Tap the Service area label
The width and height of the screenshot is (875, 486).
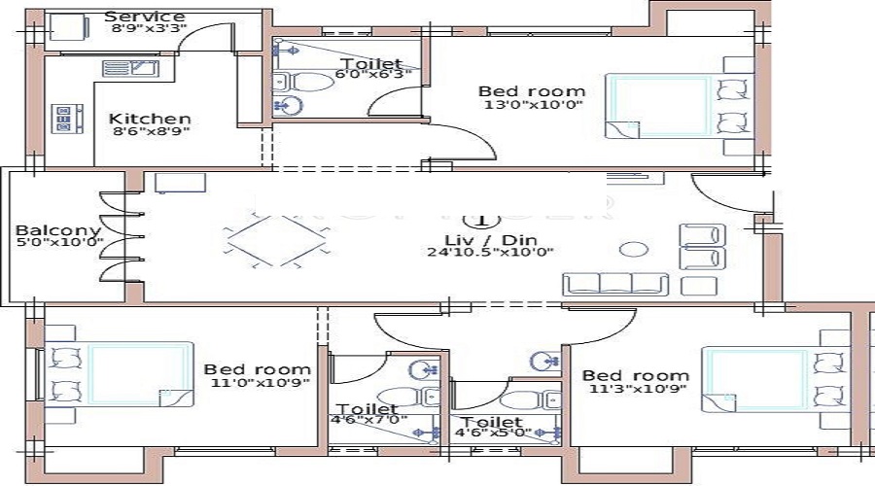[144, 17]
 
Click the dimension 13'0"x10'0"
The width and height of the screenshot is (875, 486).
[531, 105]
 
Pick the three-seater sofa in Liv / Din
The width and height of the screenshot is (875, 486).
[615, 284]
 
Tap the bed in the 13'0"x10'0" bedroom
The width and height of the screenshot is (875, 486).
[659, 105]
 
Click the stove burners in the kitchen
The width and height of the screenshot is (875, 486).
[68, 119]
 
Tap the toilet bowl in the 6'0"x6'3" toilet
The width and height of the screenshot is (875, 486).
[314, 82]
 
